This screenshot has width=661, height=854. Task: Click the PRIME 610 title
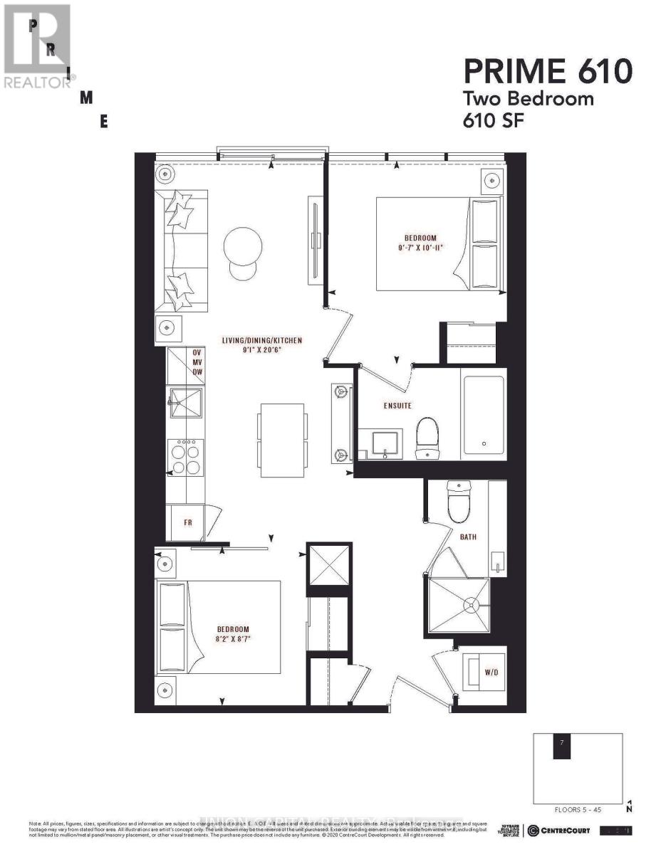click(548, 71)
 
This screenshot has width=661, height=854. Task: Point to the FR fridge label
click(188, 522)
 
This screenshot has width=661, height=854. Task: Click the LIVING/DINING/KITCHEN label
click(261, 341)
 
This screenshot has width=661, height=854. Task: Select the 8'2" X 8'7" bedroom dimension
click(233, 639)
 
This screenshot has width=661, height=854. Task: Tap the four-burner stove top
click(185, 457)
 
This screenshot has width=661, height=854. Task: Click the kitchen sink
click(185, 402)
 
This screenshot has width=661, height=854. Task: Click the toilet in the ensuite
click(427, 438)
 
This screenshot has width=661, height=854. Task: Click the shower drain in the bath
click(469, 605)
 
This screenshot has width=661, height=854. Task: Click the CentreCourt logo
click(558, 831)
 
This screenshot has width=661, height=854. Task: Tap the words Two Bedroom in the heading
click(528, 98)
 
